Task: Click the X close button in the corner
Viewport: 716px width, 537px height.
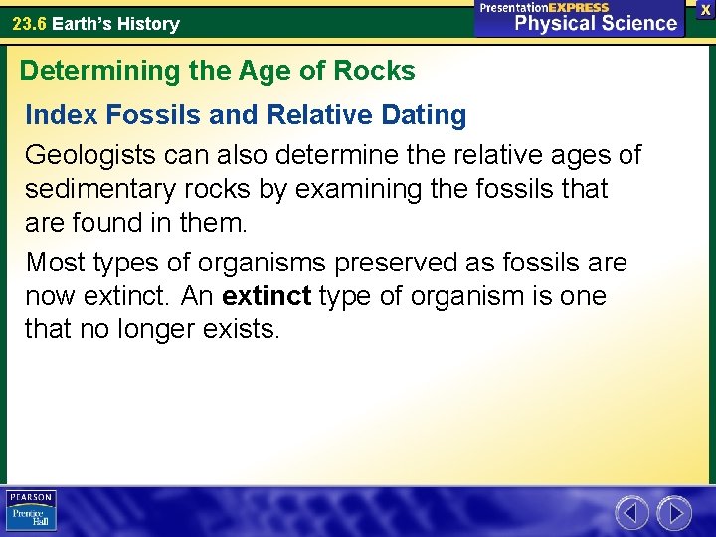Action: [x=705, y=9]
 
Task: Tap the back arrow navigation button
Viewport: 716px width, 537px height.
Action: [x=631, y=513]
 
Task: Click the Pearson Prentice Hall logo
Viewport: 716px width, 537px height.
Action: [x=31, y=510]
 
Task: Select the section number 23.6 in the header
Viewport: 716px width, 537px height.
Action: [x=29, y=23]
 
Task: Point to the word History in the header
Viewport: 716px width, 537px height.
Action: [x=147, y=23]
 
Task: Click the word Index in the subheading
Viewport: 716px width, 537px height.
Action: [x=59, y=115]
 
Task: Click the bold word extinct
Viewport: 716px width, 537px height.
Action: [x=267, y=296]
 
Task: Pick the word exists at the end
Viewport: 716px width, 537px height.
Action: [x=245, y=329]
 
